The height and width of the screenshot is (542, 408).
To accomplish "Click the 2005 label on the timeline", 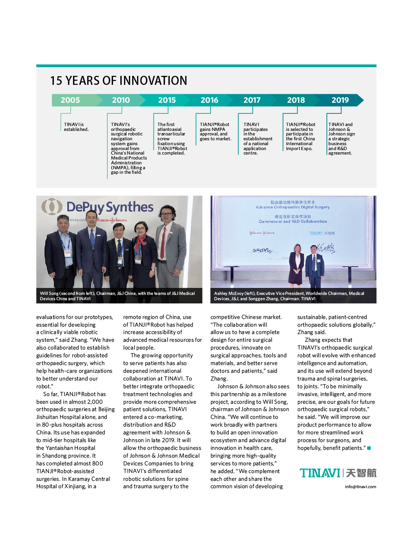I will click(x=70, y=100).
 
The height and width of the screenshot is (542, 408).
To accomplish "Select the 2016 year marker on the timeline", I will click(x=209, y=100).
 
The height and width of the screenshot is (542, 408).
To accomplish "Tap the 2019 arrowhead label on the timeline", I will click(x=340, y=100).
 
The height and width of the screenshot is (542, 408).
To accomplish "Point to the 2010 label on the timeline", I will click(x=121, y=100).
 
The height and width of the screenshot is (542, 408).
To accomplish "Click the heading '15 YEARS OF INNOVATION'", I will click(x=118, y=81).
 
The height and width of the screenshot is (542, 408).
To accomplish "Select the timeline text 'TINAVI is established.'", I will click(x=76, y=127).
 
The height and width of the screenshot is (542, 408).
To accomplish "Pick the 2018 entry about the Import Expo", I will click(x=300, y=137).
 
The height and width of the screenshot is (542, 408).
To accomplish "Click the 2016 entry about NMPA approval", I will click(x=215, y=132).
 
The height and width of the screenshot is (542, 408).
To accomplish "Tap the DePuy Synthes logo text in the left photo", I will click(x=109, y=207).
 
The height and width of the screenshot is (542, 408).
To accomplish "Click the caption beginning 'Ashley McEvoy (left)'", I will click(x=289, y=296).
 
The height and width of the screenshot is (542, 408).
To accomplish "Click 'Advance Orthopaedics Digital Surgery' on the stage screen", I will click(x=293, y=207).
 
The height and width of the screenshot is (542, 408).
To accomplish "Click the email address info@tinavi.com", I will click(x=360, y=487).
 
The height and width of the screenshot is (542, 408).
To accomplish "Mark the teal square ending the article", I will click(x=369, y=448).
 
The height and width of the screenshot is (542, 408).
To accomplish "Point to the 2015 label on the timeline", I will click(x=167, y=100).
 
